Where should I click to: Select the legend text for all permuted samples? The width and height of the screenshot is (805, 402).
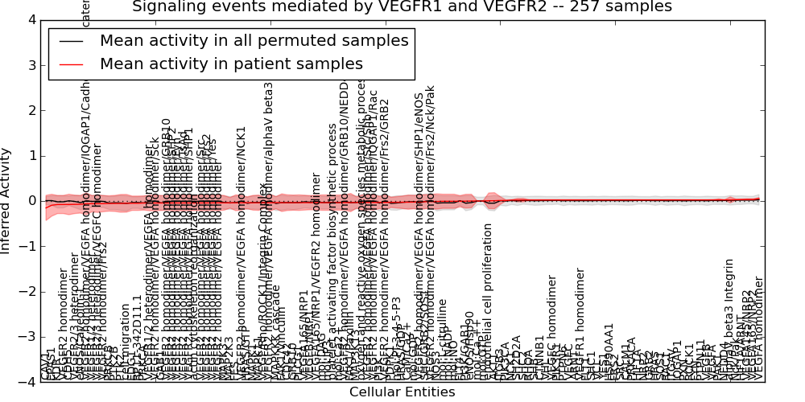click(x=254, y=41)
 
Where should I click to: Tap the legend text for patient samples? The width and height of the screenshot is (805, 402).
click(x=231, y=64)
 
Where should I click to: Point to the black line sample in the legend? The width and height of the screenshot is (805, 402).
click(x=71, y=41)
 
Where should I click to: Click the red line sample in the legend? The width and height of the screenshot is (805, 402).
click(x=71, y=64)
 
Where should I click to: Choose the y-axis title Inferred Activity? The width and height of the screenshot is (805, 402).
click(x=7, y=201)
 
